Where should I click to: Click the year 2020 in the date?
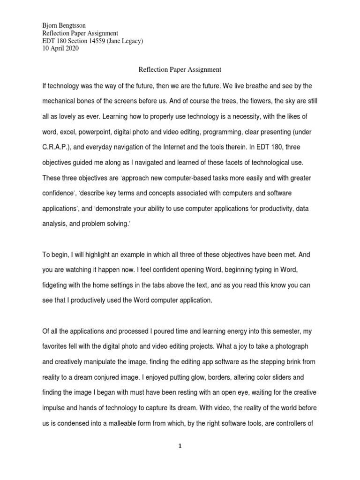[x=70, y=48]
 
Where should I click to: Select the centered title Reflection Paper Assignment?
[x=180, y=70]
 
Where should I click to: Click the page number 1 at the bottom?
[x=180, y=446]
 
